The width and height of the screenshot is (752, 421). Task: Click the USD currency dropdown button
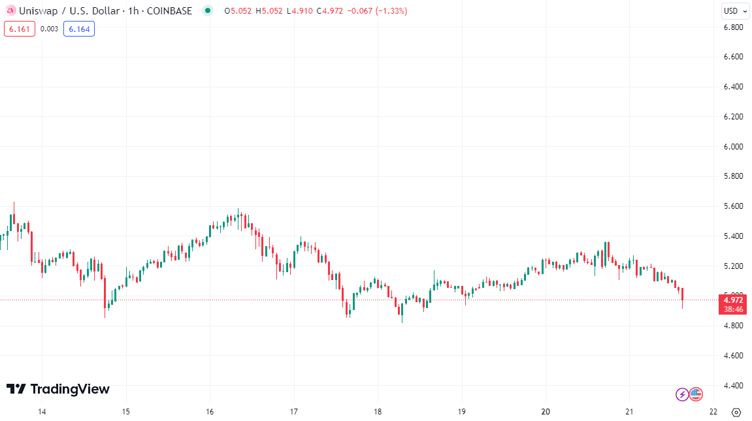734,10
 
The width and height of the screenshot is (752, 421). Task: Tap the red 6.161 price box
19,29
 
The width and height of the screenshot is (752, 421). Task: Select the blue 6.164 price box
79,29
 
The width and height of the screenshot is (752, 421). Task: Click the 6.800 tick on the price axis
732,27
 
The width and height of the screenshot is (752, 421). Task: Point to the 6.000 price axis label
732,147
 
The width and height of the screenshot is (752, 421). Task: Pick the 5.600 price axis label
732,206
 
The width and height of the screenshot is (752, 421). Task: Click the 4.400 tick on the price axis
732,386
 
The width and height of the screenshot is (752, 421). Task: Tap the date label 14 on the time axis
42,412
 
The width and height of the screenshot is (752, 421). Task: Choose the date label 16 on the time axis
210,412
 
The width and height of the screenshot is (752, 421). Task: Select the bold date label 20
546,412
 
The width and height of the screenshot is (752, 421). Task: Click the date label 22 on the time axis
713,412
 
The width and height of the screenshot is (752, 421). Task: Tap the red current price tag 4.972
732,300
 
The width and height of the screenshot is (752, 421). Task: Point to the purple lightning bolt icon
681,394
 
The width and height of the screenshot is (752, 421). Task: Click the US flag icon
696,394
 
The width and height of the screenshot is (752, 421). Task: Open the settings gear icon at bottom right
736,413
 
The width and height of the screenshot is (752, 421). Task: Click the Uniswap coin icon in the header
10,11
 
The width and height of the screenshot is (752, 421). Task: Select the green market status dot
208,10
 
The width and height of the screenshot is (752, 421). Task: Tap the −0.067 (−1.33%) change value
377,11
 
